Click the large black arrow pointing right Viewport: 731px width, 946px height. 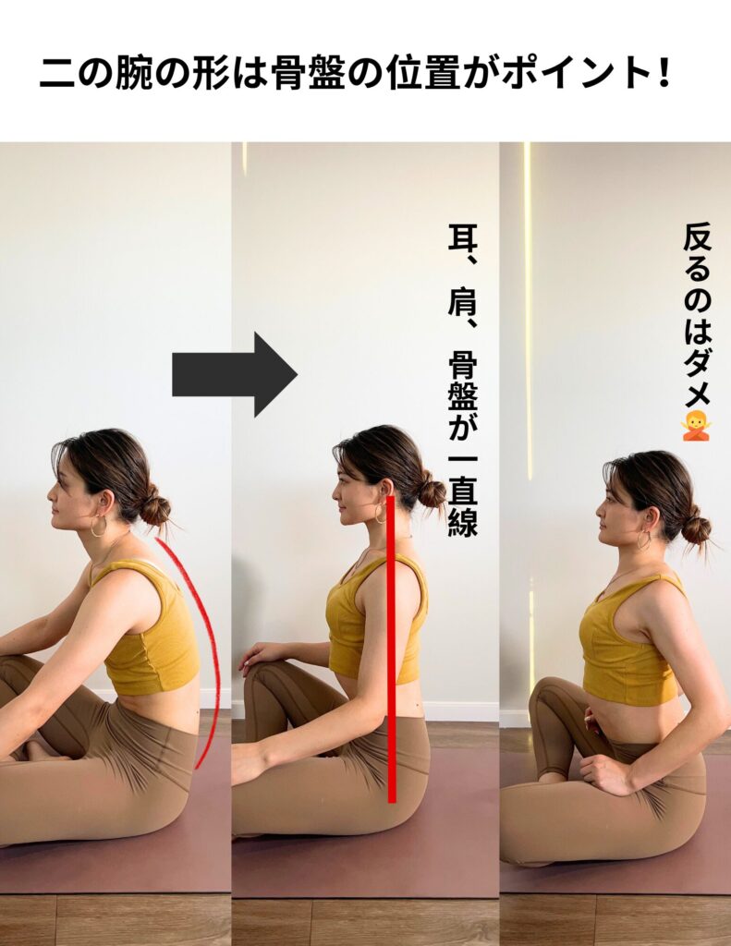234,374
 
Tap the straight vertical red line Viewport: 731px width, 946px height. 392,649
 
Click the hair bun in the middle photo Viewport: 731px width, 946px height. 431,491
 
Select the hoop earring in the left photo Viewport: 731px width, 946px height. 98,526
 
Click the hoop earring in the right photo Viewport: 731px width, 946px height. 644,540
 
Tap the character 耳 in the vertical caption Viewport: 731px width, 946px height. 462,237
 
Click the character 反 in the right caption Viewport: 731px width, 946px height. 698,238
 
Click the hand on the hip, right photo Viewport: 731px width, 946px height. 605,773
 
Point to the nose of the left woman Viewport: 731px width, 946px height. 51,498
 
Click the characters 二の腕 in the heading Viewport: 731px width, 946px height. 97,74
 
